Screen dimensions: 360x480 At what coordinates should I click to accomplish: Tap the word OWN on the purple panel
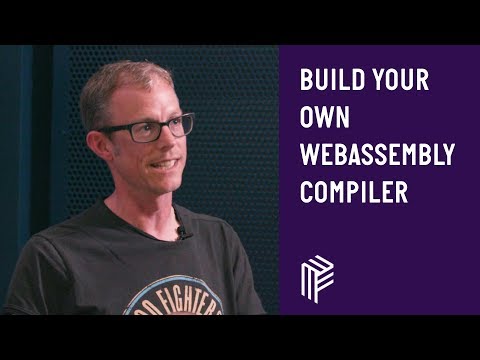(x=324, y=118)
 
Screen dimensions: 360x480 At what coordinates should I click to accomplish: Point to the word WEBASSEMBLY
(x=378, y=155)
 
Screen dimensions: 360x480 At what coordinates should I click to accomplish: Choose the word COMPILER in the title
(x=354, y=192)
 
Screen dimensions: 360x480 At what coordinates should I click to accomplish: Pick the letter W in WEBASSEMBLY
(x=308, y=155)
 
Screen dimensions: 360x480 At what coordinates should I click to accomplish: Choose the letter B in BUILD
(x=306, y=81)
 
